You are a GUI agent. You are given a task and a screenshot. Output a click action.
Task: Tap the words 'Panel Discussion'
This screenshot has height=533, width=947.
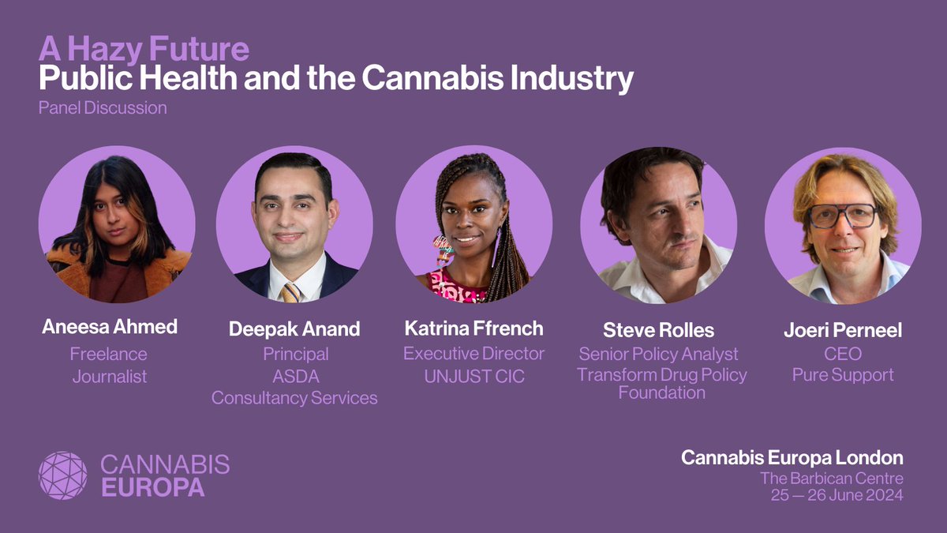[x=103, y=107]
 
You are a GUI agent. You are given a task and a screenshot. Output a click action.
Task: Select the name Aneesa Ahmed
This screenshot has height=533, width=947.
[x=110, y=327]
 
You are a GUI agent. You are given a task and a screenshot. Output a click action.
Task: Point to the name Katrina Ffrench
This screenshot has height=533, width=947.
[x=473, y=327]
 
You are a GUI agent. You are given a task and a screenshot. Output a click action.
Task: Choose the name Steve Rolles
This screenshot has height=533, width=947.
[x=657, y=330]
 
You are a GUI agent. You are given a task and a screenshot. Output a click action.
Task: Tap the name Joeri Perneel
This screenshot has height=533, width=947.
[x=842, y=330]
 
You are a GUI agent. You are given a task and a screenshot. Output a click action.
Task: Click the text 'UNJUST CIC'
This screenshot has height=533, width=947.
[x=473, y=377]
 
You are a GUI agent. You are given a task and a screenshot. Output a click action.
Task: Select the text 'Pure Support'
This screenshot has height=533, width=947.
[x=843, y=374]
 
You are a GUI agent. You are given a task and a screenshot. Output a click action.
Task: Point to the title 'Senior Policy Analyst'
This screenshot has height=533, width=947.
[x=658, y=354]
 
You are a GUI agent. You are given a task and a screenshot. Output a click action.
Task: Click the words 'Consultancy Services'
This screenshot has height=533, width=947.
[x=294, y=398]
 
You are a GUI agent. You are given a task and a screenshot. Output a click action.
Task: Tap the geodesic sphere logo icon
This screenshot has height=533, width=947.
[x=63, y=475]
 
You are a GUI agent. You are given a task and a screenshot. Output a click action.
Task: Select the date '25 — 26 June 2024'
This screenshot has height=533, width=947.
[x=837, y=496]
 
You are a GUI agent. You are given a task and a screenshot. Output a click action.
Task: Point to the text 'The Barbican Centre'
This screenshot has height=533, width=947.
[x=832, y=478]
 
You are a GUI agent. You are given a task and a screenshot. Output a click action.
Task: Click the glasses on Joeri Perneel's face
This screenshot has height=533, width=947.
[x=843, y=215]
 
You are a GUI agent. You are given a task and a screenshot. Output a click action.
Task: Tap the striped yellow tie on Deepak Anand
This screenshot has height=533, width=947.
[x=290, y=293]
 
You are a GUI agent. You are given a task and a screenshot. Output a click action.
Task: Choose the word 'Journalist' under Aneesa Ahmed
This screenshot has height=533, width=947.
[x=110, y=377]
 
